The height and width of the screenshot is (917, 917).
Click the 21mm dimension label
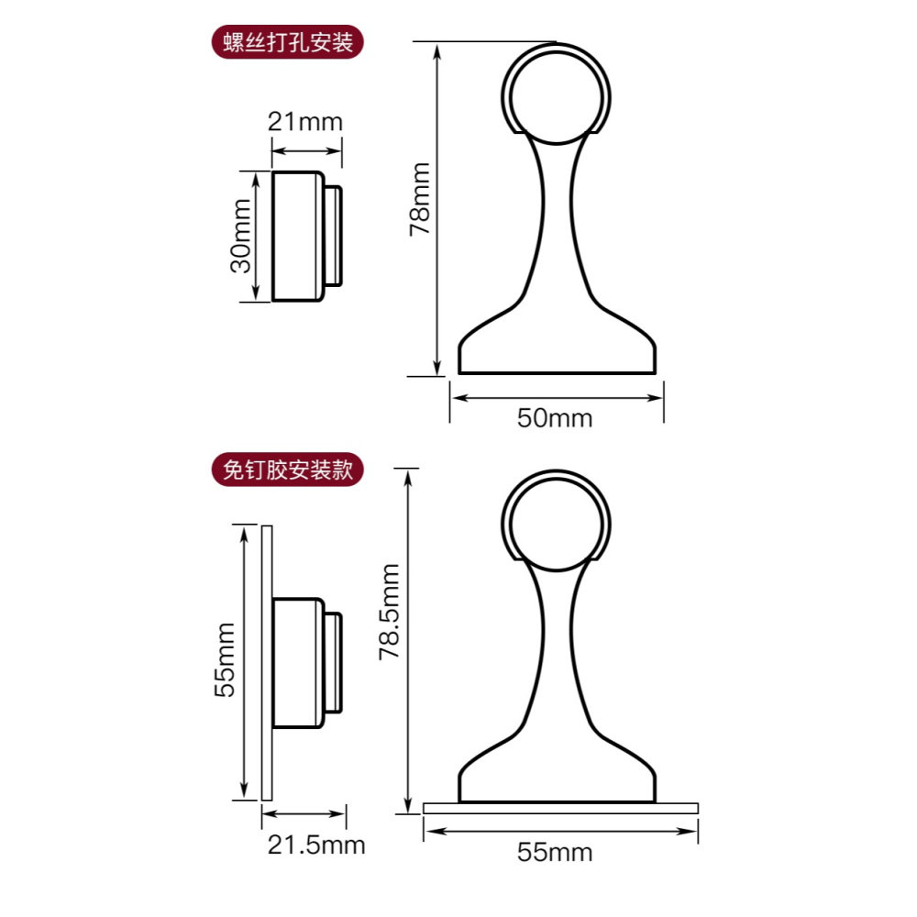pyautogui.click(x=304, y=122)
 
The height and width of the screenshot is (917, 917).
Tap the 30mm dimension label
pyautogui.click(x=240, y=236)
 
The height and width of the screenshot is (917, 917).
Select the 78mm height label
pyautogui.click(x=419, y=199)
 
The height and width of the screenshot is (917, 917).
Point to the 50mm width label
pyautogui.click(x=555, y=418)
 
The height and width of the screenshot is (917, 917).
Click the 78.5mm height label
pyautogui.click(x=389, y=612)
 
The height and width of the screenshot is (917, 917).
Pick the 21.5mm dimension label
pyautogui.click(x=316, y=845)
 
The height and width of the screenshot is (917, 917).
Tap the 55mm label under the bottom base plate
pyautogui.click(x=555, y=852)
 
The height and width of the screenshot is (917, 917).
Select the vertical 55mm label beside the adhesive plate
pyautogui.click(x=224, y=659)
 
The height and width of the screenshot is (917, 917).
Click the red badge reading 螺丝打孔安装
pyautogui.click(x=288, y=42)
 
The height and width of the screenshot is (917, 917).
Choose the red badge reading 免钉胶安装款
pyautogui.click(x=288, y=470)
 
